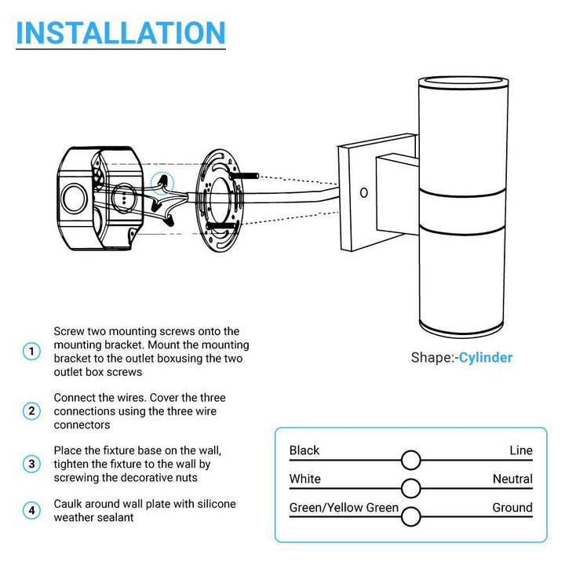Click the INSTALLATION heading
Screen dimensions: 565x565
pyautogui.click(x=121, y=32)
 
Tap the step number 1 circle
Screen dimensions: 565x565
pyautogui.click(x=31, y=352)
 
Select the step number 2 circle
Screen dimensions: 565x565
pyautogui.click(x=31, y=410)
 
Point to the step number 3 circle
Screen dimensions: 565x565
pyautogui.click(x=31, y=464)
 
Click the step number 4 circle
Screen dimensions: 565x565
pyautogui.click(x=31, y=511)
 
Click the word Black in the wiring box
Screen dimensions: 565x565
pyautogui.click(x=304, y=450)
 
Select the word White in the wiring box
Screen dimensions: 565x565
pyautogui.click(x=304, y=479)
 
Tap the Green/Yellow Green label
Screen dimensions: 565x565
pyautogui.click(x=344, y=508)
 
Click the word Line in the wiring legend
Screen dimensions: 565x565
pyautogui.click(x=520, y=450)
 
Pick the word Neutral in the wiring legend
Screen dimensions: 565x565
pyautogui.click(x=512, y=479)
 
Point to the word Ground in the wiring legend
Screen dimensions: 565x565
pyautogui.click(x=512, y=508)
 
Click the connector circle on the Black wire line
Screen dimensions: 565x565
pyautogui.click(x=410, y=460)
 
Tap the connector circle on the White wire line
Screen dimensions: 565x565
pyautogui.click(x=410, y=488)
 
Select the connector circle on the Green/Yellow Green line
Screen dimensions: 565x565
pyautogui.click(x=410, y=516)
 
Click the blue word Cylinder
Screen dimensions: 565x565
pyautogui.click(x=486, y=358)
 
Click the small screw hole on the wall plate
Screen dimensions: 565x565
pyautogui.click(x=363, y=191)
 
